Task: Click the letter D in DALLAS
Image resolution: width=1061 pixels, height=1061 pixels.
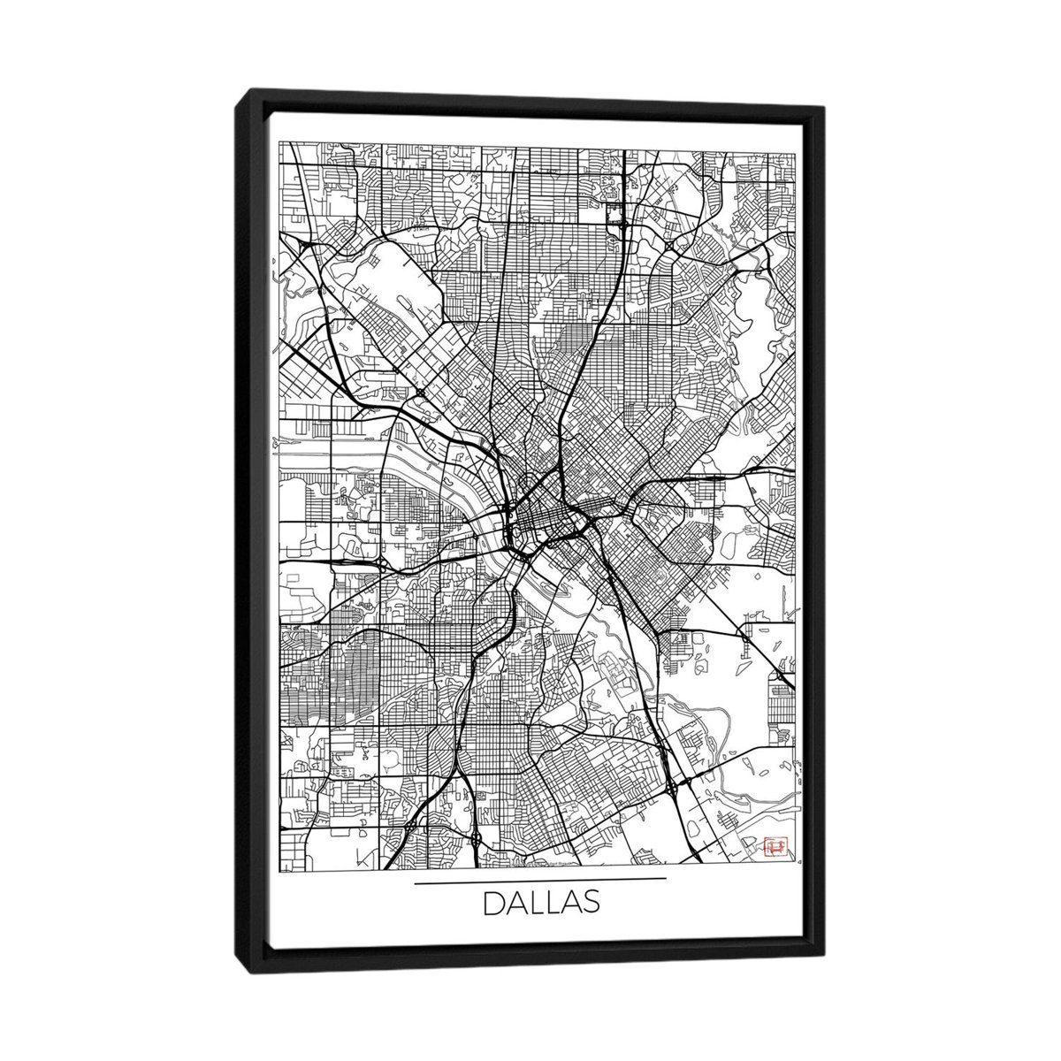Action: pyautogui.click(x=492, y=905)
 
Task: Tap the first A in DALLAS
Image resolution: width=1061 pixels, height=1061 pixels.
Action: pyautogui.click(x=515, y=905)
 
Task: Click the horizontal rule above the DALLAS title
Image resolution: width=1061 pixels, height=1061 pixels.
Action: pyautogui.click(x=539, y=880)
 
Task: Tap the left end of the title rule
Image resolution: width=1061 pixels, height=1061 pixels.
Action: pyautogui.click(x=416, y=880)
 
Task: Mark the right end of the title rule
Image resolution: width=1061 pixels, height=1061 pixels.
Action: pyautogui.click(x=665, y=880)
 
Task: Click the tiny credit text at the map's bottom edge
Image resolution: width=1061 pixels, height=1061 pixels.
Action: pyautogui.click(x=548, y=857)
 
